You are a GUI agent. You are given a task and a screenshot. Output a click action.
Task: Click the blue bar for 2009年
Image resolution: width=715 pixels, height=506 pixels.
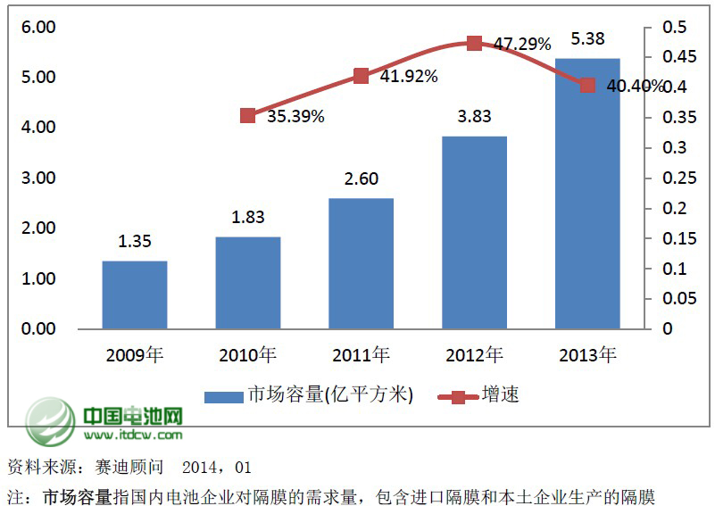(x=135, y=294)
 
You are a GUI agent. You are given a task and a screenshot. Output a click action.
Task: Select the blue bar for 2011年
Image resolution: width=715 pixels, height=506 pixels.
(x=361, y=263)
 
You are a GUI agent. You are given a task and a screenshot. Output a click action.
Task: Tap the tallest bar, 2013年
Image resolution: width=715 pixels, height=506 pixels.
(x=587, y=194)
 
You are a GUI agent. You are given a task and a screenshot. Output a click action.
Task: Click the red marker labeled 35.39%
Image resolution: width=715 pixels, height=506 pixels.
(x=248, y=115)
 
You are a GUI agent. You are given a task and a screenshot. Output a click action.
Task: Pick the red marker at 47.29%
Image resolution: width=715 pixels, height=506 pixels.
(x=475, y=43)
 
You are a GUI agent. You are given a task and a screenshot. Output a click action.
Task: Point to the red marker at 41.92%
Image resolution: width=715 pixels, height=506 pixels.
(x=362, y=76)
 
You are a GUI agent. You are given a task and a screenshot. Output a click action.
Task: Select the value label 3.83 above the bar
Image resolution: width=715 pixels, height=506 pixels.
(x=475, y=117)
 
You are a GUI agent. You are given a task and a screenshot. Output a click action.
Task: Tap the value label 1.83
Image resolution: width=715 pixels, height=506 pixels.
(x=248, y=218)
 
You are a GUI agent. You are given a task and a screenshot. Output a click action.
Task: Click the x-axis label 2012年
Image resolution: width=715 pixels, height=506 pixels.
(x=474, y=355)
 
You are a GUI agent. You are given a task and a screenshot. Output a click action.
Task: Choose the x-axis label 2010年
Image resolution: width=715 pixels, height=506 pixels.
(x=248, y=355)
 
